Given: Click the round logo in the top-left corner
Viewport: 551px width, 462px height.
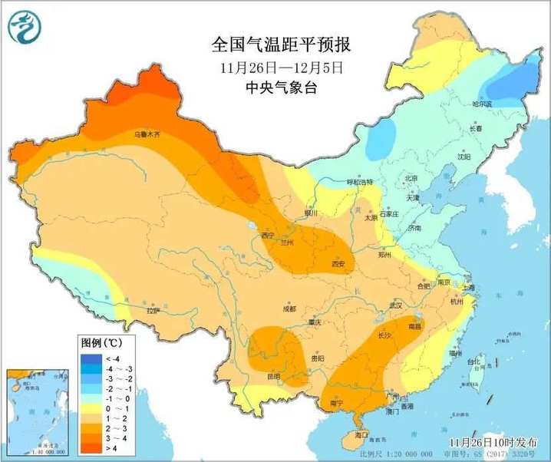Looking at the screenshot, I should pyautogui.click(x=25, y=28).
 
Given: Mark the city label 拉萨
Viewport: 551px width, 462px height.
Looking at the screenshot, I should pyautogui.click(x=153, y=311).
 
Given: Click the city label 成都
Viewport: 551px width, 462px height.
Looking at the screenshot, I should pyautogui.click(x=289, y=309).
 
